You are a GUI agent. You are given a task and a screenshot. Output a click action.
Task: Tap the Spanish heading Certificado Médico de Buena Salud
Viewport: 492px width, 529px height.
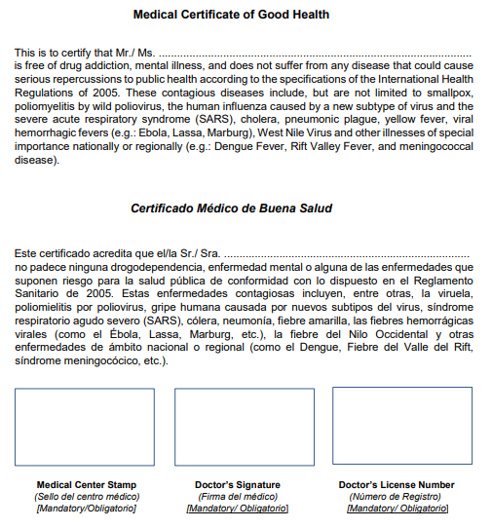(x=231, y=208)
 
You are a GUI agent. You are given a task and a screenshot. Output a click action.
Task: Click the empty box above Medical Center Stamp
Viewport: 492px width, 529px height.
(x=86, y=427)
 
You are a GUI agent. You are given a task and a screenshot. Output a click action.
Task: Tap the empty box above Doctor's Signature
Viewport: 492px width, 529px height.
(x=245, y=427)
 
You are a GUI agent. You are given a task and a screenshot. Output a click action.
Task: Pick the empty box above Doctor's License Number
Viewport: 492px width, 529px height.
(x=401, y=425)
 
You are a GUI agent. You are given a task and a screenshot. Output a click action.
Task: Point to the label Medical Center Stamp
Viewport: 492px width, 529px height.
(x=86, y=485)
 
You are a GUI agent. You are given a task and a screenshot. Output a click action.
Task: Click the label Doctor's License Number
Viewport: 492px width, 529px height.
(x=397, y=485)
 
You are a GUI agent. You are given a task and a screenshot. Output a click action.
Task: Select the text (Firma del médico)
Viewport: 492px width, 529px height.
(x=238, y=497)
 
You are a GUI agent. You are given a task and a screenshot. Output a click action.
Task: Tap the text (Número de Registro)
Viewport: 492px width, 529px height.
(x=397, y=497)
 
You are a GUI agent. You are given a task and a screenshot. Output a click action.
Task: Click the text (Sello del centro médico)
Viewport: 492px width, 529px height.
(x=86, y=497)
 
